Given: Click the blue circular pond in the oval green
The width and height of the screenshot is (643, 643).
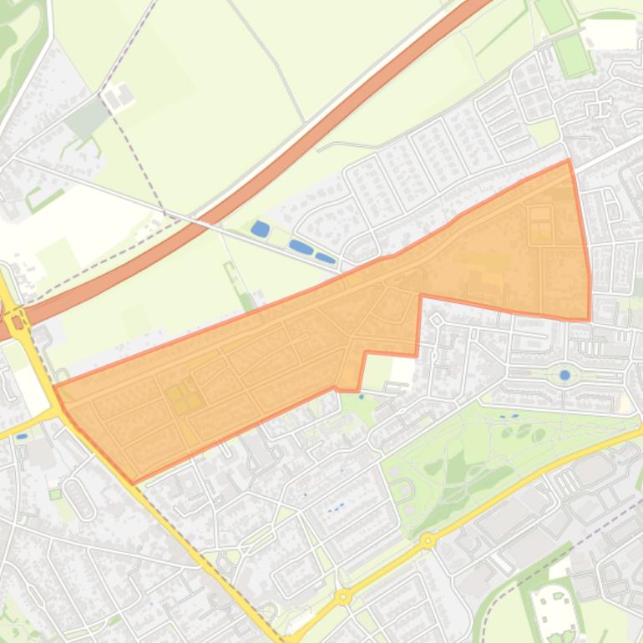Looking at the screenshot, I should [x=565, y=375].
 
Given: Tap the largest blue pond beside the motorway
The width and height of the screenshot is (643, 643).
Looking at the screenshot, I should [x=261, y=228].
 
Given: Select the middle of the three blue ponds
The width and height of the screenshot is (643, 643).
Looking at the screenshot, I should [x=301, y=247].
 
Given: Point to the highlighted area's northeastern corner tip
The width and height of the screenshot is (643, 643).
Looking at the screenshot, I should [x=569, y=160].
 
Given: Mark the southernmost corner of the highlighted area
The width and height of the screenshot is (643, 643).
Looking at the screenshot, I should [x=134, y=482].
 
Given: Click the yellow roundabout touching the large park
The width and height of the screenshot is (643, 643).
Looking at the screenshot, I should [x=428, y=540].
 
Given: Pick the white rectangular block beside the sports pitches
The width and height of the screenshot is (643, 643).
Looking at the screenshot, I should [x=609, y=34].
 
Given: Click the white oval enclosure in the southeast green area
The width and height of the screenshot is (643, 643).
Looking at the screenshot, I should [x=555, y=610].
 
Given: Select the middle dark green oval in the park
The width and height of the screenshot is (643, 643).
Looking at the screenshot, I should [x=458, y=468].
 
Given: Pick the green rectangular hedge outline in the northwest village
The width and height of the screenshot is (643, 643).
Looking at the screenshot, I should [x=43, y=199].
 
